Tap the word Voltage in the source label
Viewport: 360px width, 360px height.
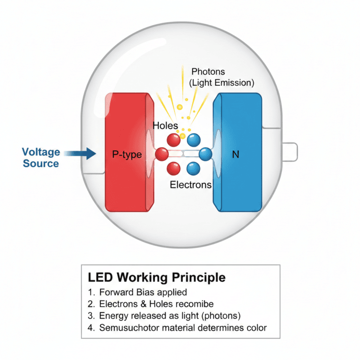41,152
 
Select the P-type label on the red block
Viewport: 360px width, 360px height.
127,154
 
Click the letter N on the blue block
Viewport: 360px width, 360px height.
235,154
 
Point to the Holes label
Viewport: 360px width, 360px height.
165,126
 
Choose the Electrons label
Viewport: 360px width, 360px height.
191,185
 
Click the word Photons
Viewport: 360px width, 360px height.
208,72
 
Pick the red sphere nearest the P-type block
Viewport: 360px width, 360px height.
162,154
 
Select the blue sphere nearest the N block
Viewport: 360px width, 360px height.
205,154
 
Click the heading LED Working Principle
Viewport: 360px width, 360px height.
157,277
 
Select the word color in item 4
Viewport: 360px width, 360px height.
255,327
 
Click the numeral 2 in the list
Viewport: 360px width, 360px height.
90,304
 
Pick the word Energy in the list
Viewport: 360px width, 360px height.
113,315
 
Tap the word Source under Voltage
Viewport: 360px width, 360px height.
41,164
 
